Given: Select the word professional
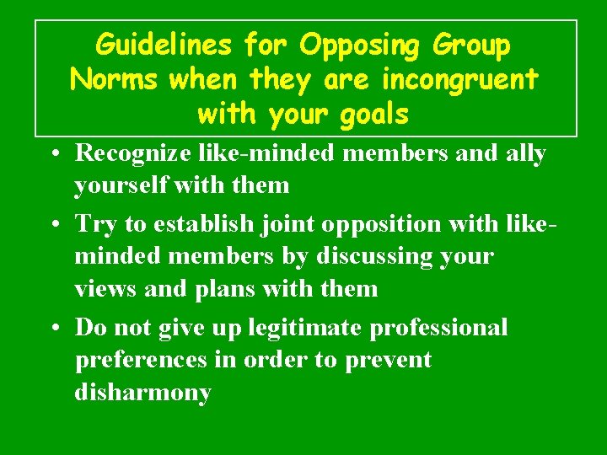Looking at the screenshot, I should (x=438, y=328).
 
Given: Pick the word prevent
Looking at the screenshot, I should (x=388, y=361).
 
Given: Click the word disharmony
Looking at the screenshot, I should (x=142, y=393).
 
